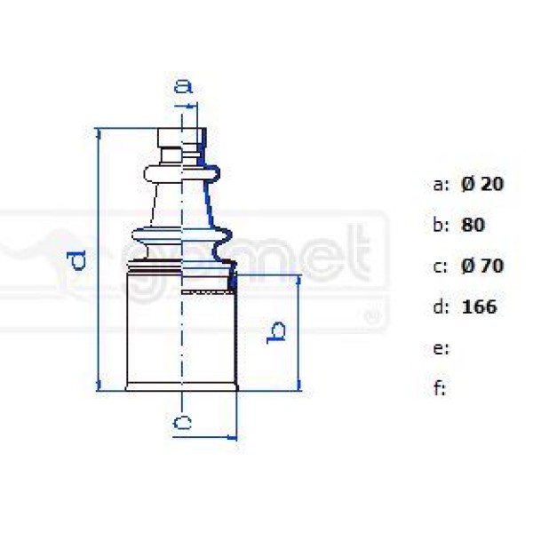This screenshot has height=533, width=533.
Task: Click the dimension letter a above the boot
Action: point(182,86)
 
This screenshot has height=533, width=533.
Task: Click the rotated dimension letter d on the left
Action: point(78,259)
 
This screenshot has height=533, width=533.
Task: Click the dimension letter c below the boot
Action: point(182,423)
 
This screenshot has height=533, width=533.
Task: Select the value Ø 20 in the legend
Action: point(482,184)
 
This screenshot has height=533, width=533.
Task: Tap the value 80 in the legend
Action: point(473,225)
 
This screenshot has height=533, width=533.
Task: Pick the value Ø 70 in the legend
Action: point(482,266)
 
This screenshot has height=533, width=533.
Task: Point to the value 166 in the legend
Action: point(480,307)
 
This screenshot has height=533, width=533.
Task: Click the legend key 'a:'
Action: point(442,185)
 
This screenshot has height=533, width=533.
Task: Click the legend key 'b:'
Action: point(442,225)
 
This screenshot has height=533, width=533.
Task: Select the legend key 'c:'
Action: point(442,266)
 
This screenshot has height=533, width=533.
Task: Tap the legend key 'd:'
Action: point(442,307)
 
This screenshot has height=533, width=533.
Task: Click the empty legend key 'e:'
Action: point(442,348)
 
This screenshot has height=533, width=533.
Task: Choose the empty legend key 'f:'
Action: point(440,389)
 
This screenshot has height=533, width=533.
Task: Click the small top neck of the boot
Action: point(181,140)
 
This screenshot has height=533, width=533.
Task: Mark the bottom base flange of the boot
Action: point(182,386)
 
